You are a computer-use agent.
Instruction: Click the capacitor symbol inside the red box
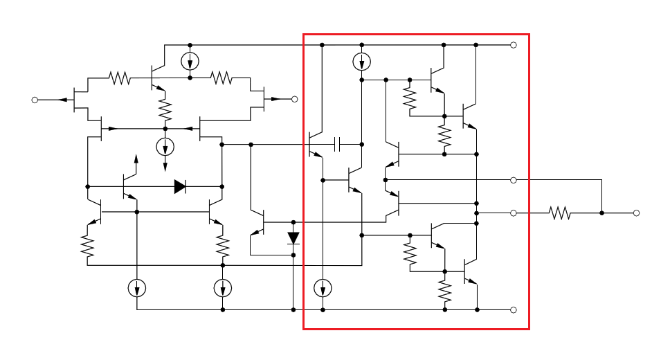[338, 144]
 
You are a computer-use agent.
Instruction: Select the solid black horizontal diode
[180, 186]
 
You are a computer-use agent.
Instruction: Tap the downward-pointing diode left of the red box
[293, 238]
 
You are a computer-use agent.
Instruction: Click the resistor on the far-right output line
[560, 213]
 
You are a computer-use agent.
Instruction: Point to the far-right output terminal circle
[636, 213]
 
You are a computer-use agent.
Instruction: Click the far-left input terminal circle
[35, 100]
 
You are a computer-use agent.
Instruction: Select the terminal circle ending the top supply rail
[514, 45]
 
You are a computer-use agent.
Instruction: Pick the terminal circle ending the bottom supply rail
[514, 309]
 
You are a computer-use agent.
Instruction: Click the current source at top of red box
[361, 62]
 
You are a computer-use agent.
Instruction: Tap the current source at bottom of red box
[323, 287]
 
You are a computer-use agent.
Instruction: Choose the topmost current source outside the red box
[190, 62]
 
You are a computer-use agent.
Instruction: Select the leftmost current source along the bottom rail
[137, 287]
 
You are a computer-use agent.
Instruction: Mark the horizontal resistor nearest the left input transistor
[120, 78]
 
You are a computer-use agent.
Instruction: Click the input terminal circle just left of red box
[294, 99]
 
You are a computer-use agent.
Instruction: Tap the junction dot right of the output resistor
[601, 213]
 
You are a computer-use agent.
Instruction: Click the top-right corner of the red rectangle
[529, 34]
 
